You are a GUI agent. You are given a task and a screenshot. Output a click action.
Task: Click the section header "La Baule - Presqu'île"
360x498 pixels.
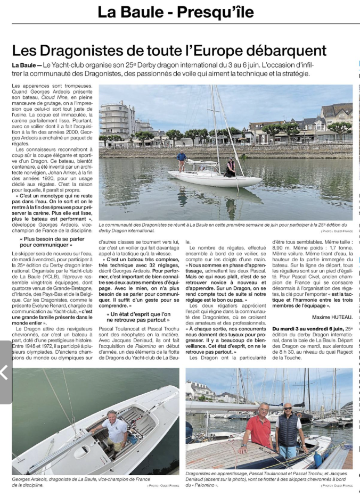pos(176,12)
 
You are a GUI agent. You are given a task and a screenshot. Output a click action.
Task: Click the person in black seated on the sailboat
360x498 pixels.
pos(231,168)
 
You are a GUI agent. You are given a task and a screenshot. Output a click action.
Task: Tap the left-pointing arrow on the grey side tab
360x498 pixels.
pos(5,372)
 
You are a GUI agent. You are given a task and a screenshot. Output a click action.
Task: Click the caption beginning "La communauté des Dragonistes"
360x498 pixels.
pos(224,225)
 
